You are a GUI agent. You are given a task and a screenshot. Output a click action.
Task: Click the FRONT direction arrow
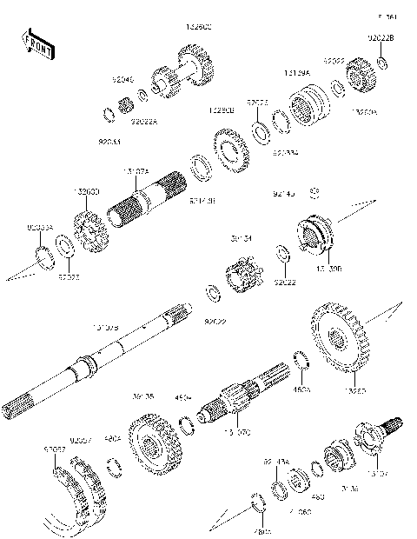[x=38, y=45]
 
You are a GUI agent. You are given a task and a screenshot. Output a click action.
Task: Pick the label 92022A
[x=144, y=122]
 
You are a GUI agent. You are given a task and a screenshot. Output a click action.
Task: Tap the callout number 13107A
[x=137, y=172]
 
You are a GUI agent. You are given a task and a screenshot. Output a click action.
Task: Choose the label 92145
[x=285, y=185]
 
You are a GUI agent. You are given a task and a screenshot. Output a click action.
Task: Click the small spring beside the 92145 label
[x=316, y=190]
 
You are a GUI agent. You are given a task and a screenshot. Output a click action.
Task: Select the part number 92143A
[x=277, y=462]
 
